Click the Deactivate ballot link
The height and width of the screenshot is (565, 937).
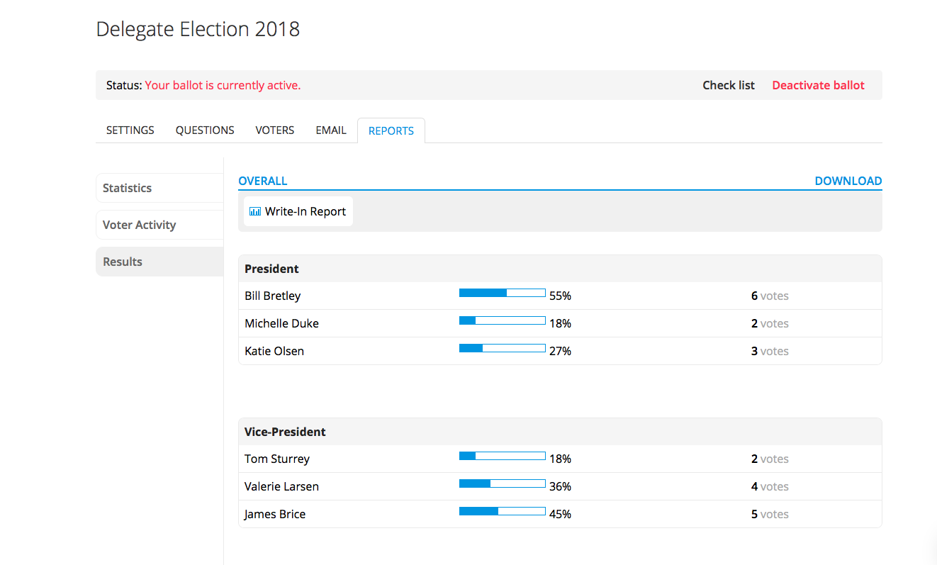[818, 85]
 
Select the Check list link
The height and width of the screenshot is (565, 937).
[729, 85]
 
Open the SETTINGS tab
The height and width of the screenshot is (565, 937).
[130, 130]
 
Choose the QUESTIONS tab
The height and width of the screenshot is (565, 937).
[205, 130]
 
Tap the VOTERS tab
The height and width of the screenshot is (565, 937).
[275, 130]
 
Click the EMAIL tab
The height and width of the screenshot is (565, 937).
[331, 130]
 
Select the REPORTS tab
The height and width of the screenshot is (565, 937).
[391, 131]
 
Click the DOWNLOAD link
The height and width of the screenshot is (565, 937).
[848, 181]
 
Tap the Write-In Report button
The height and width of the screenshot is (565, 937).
[298, 211]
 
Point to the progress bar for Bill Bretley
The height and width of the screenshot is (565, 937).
[502, 293]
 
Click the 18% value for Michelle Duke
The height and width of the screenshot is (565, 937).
[560, 323]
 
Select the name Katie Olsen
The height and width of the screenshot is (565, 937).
[274, 351]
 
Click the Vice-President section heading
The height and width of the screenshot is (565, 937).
[285, 432]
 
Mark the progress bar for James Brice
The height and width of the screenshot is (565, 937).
[502, 511]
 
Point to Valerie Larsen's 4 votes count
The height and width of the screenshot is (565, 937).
[769, 486]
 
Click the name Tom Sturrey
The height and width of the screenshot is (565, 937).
[277, 459]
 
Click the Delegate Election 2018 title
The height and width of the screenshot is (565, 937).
[198, 29]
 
